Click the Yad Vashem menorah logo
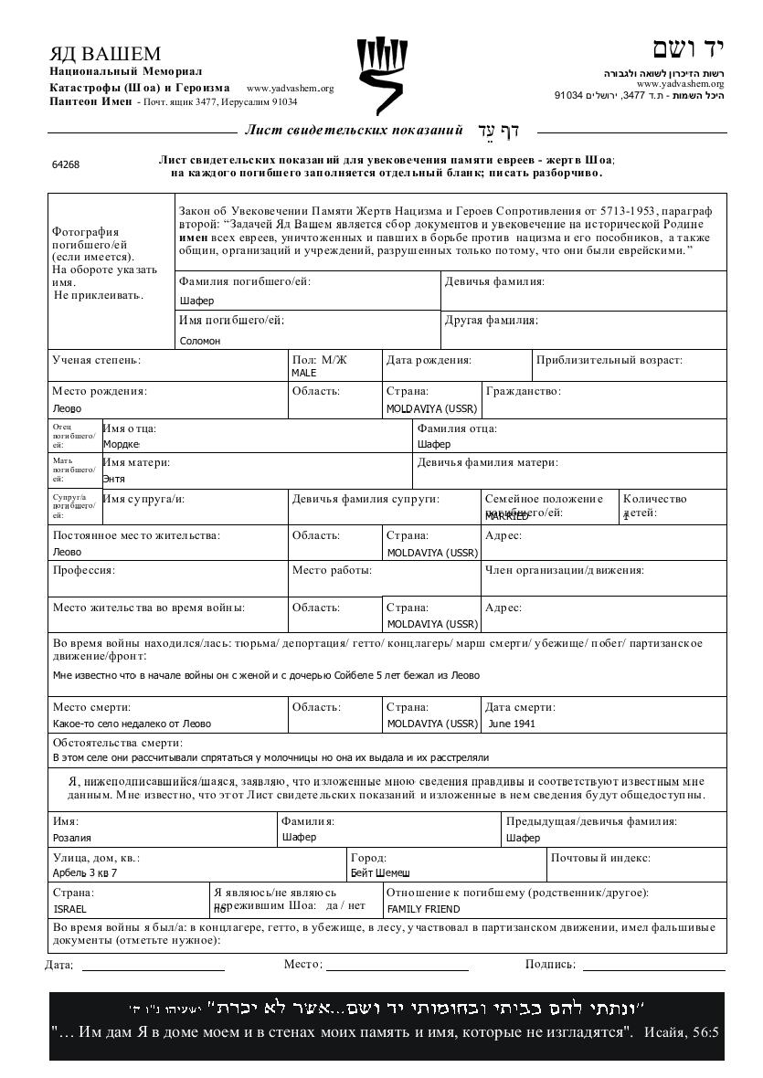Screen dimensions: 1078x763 click(x=381, y=75)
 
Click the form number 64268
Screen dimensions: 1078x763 click(x=66, y=164)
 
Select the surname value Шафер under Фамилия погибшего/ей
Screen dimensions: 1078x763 click(x=196, y=301)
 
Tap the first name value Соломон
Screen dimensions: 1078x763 click(x=200, y=341)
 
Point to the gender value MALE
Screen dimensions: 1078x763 click(x=303, y=374)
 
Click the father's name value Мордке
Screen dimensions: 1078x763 click(x=121, y=444)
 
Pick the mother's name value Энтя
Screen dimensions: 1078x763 click(x=114, y=479)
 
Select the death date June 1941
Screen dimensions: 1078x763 click(x=512, y=724)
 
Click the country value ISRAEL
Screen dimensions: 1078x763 click(x=70, y=909)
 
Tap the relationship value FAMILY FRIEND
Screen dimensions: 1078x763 click(x=423, y=909)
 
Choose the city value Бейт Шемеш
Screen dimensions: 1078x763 click(x=380, y=872)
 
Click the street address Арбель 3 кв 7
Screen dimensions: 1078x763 click(x=85, y=872)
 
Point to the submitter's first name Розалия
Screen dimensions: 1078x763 click(x=72, y=837)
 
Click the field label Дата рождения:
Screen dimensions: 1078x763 click(x=429, y=360)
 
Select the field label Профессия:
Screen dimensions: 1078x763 click(x=83, y=570)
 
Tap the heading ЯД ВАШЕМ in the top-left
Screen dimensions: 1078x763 click(x=105, y=53)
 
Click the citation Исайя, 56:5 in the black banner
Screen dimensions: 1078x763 click(x=682, y=1032)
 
